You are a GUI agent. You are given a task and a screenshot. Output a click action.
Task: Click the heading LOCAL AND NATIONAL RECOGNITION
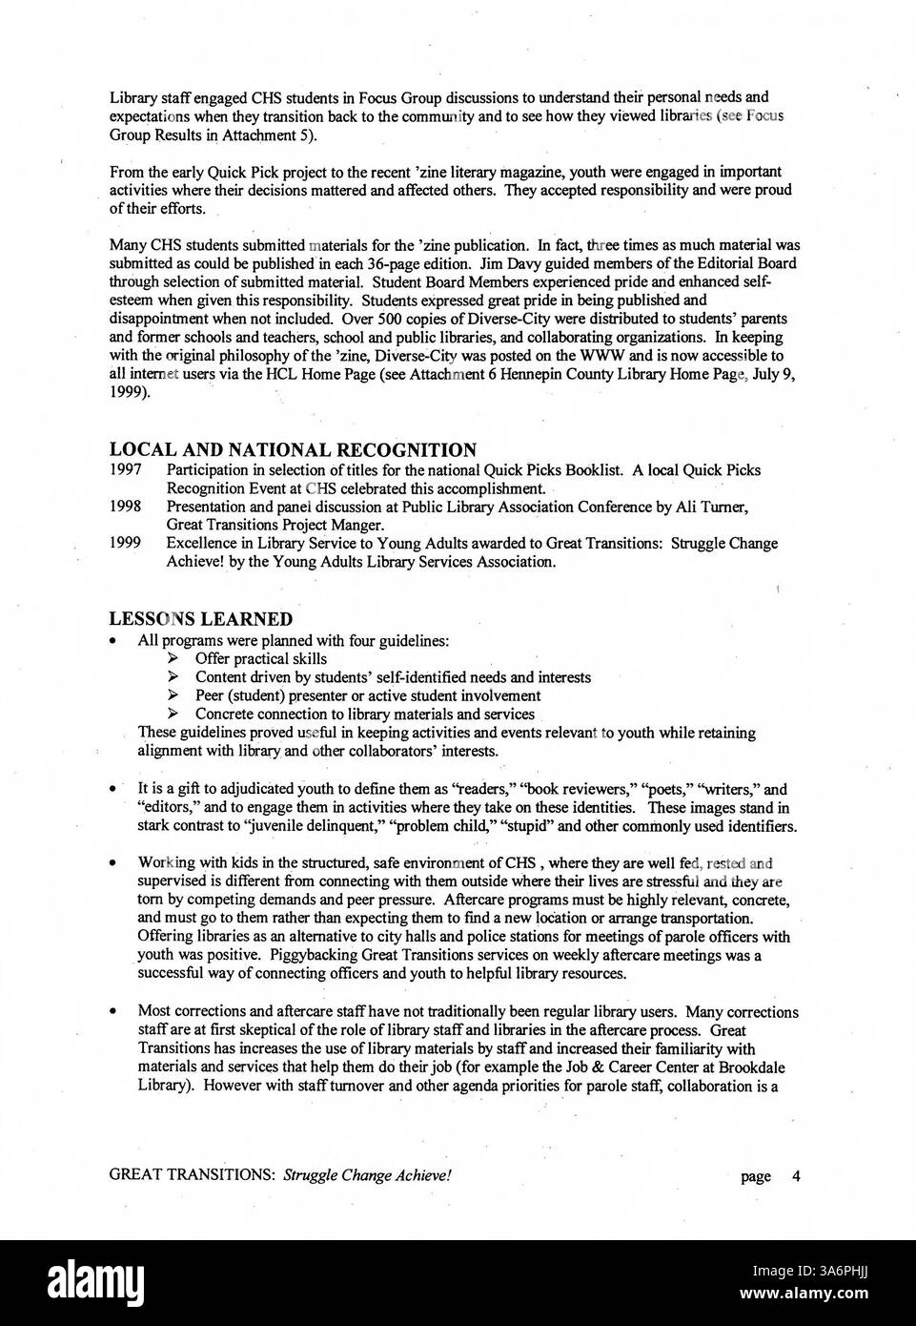[x=293, y=450]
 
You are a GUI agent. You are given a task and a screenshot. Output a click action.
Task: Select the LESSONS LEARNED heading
[x=200, y=620]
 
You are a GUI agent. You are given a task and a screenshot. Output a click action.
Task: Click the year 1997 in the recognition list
[x=125, y=470]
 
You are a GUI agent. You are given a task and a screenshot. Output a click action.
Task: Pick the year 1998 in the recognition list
[x=125, y=507]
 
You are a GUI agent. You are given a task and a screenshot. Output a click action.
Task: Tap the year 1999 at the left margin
[x=125, y=544]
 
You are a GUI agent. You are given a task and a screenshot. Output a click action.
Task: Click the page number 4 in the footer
[x=796, y=1176]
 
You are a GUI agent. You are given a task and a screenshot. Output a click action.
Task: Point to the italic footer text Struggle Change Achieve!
[x=366, y=1176]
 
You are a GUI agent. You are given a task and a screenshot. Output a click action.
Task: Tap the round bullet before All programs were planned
[x=113, y=641]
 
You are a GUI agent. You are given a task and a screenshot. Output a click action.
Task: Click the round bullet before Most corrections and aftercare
[x=113, y=1012]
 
